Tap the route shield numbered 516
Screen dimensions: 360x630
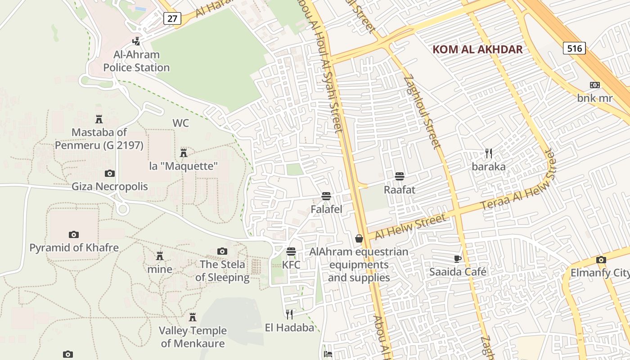[575, 48]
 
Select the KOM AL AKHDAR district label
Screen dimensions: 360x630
[477, 49]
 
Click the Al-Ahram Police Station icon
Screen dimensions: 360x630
[136, 41]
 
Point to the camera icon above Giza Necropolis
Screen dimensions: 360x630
[109, 173]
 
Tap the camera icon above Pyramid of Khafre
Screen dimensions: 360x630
[74, 234]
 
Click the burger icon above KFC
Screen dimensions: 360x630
[291, 251]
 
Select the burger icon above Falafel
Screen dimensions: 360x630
[326, 196]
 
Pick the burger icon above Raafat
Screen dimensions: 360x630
[399, 176]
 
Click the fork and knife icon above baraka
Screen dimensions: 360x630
[489, 153]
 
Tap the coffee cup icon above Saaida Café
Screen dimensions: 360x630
[458, 259]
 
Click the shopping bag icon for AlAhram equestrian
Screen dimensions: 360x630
[359, 238]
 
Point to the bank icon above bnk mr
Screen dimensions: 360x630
[595, 85]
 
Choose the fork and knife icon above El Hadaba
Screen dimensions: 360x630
[289, 314]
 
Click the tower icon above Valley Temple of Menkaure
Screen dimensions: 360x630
[193, 317]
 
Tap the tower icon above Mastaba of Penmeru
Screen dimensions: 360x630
[99, 119]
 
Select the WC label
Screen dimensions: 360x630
[180, 123]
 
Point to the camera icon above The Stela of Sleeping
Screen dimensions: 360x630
[222, 251]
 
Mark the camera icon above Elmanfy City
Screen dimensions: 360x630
[601, 260]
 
